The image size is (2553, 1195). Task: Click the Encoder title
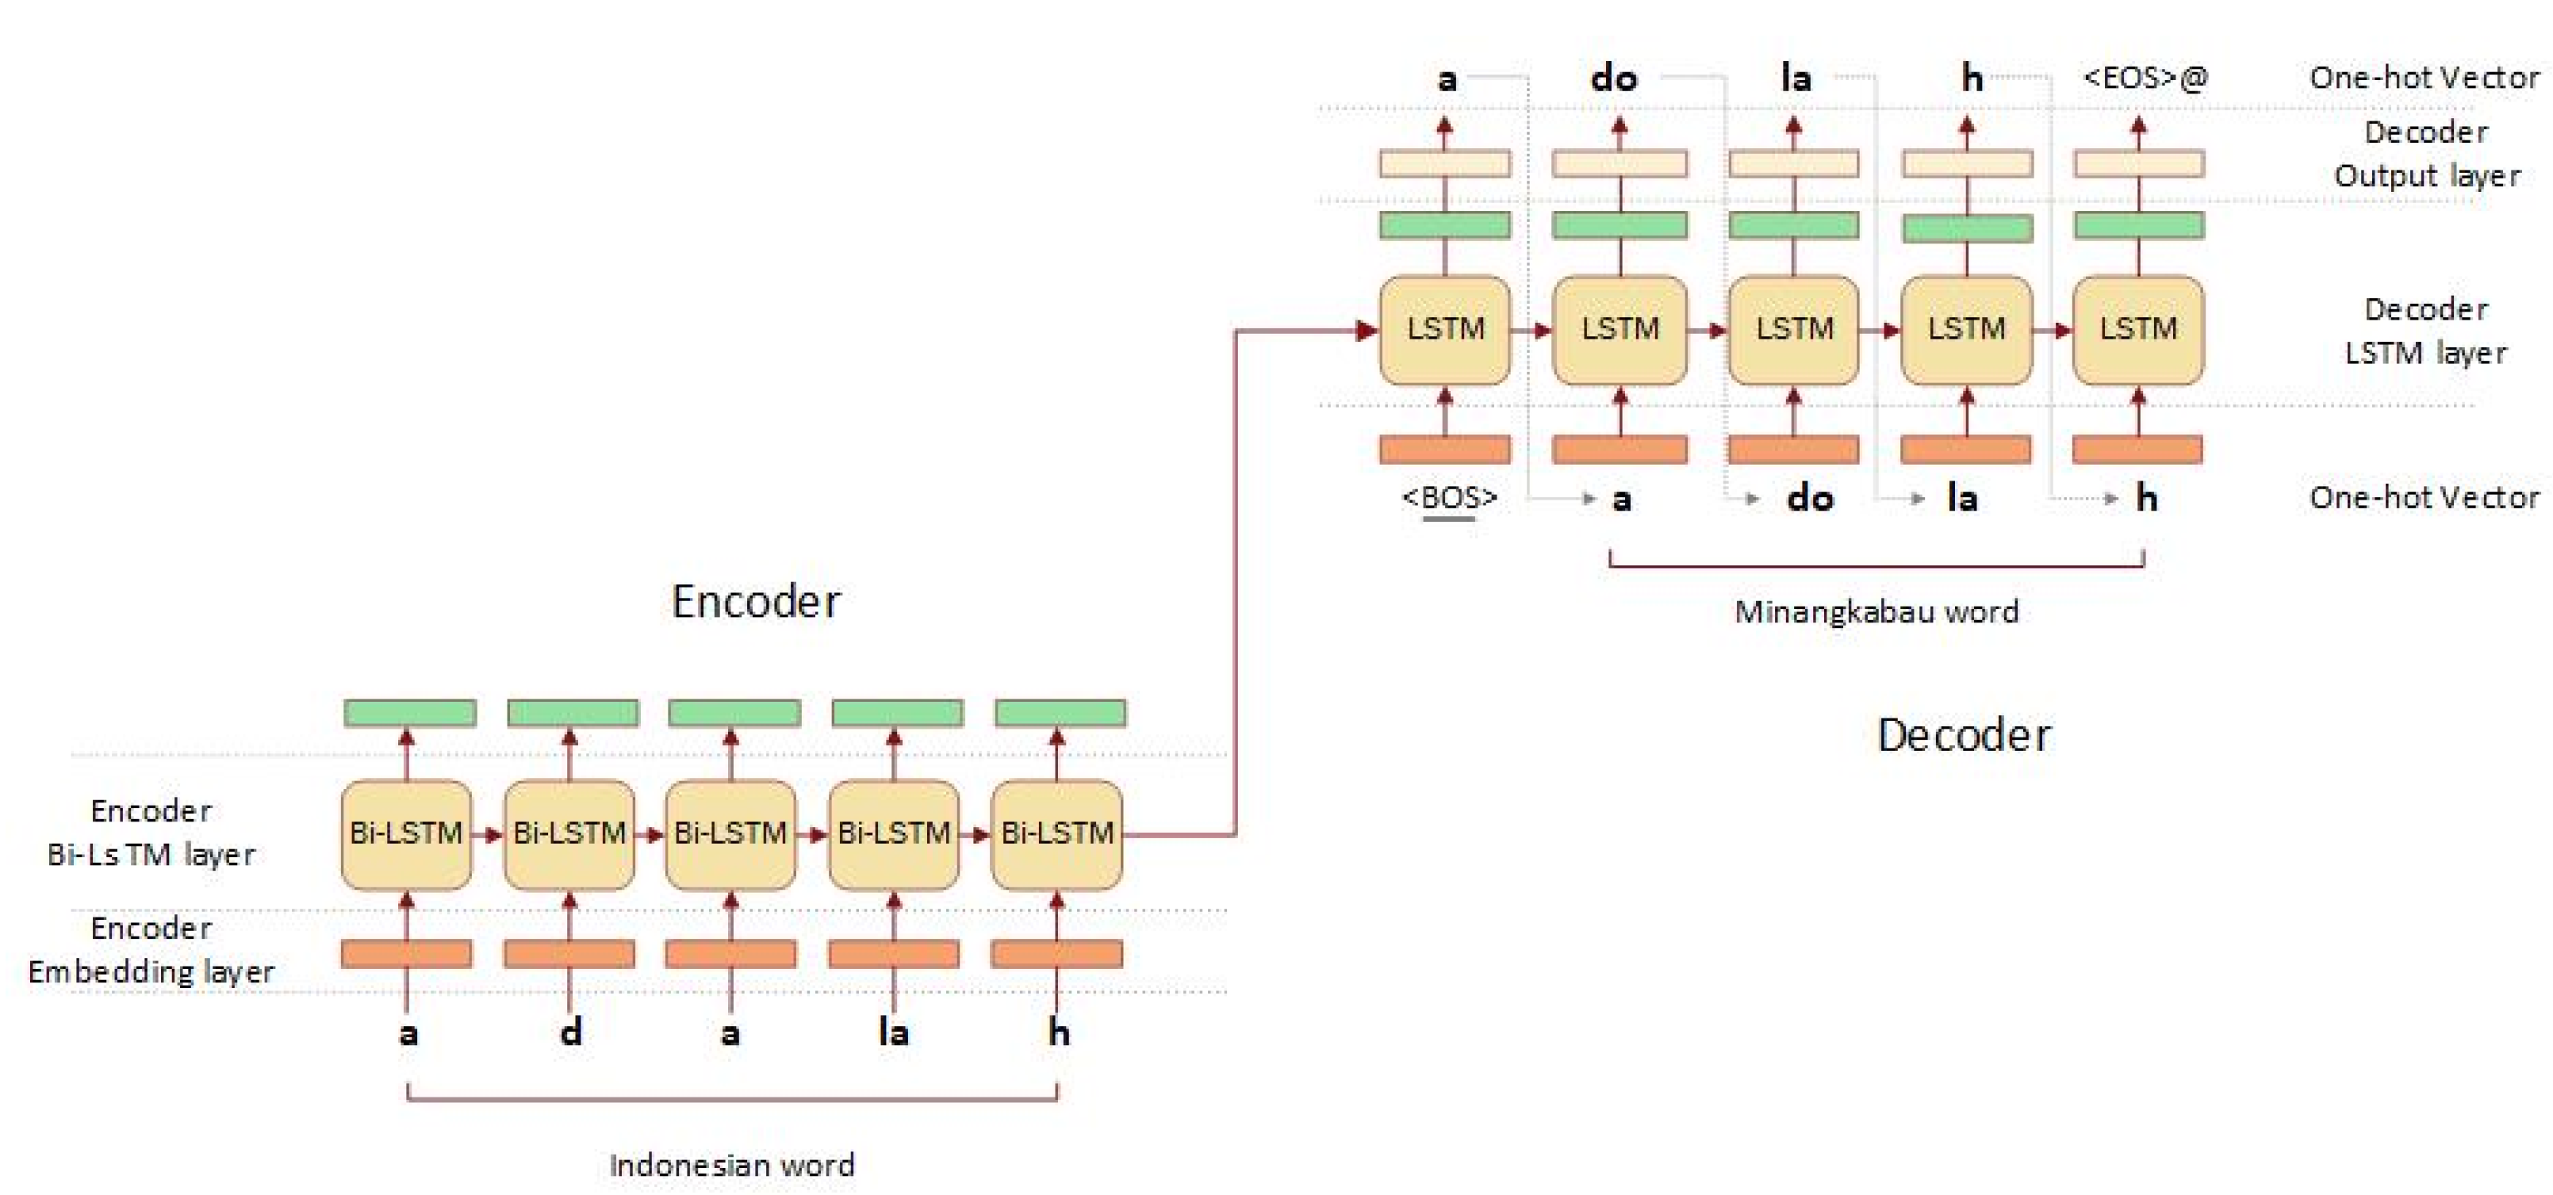point(756,601)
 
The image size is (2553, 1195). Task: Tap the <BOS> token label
point(1449,496)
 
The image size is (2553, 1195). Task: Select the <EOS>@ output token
point(2145,77)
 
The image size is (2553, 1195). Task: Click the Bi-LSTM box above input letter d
point(569,833)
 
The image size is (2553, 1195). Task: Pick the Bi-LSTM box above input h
point(1056,833)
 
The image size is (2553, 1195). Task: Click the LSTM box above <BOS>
point(1445,329)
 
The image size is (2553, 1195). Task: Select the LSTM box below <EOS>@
point(2137,329)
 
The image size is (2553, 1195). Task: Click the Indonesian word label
point(731,1164)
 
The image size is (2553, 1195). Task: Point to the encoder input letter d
point(571,1032)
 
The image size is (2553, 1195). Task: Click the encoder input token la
point(893,1032)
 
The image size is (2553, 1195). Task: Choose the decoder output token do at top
point(1613,77)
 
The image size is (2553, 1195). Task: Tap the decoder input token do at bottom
point(1810,497)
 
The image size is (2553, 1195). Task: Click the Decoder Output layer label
point(2426,154)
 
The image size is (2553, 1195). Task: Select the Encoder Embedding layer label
point(151,949)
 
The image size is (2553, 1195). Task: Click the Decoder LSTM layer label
point(2425,331)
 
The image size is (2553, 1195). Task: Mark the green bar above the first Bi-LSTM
point(409,712)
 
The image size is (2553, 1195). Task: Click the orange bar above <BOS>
point(1445,450)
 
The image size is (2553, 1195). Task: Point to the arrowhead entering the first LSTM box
point(1367,331)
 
